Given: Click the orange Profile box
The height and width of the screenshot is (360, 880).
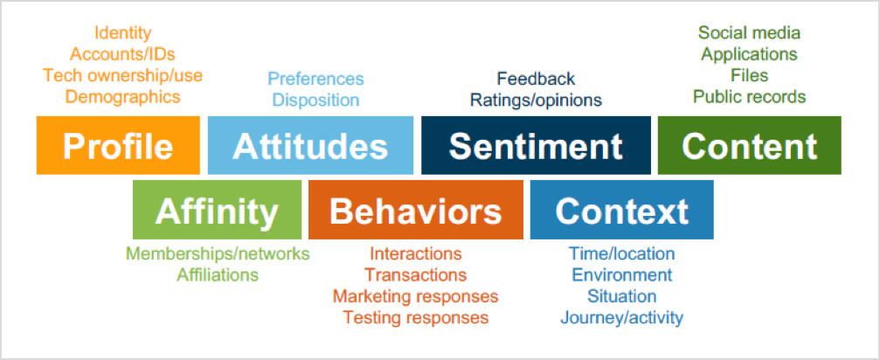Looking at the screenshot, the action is click(x=118, y=145).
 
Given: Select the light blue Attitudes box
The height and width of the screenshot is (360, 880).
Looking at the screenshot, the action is click(x=310, y=145).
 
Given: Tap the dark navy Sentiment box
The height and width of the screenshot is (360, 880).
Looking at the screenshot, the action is click(x=536, y=145).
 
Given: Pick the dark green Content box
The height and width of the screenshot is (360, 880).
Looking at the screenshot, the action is click(x=749, y=145).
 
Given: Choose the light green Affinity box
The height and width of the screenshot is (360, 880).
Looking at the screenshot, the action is click(x=217, y=210).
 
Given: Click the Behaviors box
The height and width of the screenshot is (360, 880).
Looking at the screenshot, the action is click(x=416, y=210).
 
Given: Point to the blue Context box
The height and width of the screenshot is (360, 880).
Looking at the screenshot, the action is click(x=622, y=210).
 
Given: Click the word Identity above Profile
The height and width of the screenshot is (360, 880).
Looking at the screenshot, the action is click(x=123, y=33).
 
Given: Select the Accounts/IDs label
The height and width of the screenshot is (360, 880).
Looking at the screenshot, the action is click(x=122, y=54).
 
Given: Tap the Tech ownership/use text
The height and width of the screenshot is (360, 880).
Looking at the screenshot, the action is click(x=123, y=75).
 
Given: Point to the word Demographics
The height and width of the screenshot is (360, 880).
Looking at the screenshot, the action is click(x=123, y=96).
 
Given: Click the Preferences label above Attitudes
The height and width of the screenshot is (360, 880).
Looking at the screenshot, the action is click(x=315, y=79).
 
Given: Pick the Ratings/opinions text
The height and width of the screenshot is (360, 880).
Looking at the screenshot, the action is click(x=536, y=100).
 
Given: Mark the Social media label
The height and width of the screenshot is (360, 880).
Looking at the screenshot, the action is click(x=749, y=33).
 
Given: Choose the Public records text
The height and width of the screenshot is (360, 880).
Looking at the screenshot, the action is click(x=749, y=96).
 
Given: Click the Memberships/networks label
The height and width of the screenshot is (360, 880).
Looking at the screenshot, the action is click(x=218, y=253).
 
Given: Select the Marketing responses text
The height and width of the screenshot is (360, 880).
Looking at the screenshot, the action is click(x=415, y=296).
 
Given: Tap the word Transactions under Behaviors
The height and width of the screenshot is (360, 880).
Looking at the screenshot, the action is click(x=415, y=274).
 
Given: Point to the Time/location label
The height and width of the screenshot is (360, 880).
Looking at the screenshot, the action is click(x=622, y=253).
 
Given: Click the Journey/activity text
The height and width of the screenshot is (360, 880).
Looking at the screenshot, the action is click(x=622, y=318).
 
